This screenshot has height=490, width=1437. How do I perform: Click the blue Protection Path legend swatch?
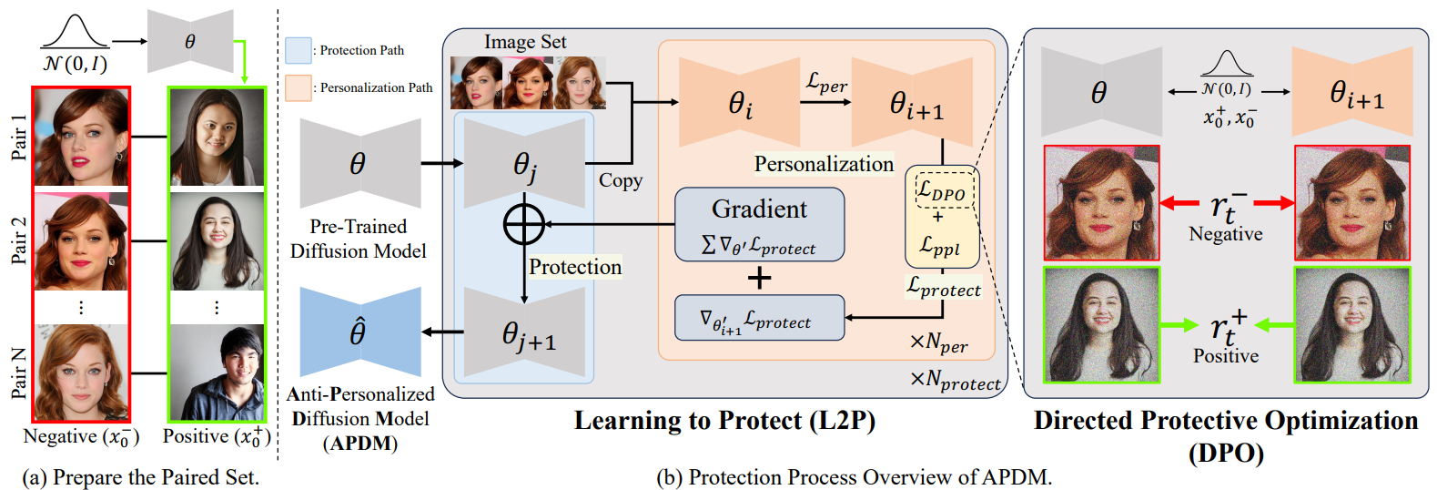(298, 50)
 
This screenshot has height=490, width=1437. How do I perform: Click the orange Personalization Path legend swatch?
(298, 87)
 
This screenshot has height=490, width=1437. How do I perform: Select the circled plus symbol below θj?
(524, 224)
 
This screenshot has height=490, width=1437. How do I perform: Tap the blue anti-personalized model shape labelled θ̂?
(359, 332)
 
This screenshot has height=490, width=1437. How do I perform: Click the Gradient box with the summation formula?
(759, 224)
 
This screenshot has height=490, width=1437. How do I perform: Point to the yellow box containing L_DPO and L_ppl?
(941, 217)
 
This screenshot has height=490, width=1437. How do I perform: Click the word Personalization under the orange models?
(824, 164)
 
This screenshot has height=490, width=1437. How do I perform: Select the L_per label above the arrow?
(826, 83)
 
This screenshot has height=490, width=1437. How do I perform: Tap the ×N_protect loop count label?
(955, 381)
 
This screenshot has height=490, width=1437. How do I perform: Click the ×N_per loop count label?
(938, 343)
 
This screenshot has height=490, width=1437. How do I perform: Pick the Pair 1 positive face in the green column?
(217, 137)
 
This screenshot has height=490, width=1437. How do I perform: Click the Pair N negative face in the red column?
(81, 372)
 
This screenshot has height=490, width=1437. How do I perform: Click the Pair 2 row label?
(19, 240)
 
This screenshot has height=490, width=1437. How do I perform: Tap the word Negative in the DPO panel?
(1225, 234)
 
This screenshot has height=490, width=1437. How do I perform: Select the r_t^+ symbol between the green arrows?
(1227, 326)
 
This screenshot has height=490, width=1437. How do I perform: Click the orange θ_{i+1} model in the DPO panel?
(1351, 93)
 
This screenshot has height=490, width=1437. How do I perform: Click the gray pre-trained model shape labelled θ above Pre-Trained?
(359, 165)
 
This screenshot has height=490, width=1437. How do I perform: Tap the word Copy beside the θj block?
(620, 180)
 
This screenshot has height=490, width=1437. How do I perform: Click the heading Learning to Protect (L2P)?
(724, 421)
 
